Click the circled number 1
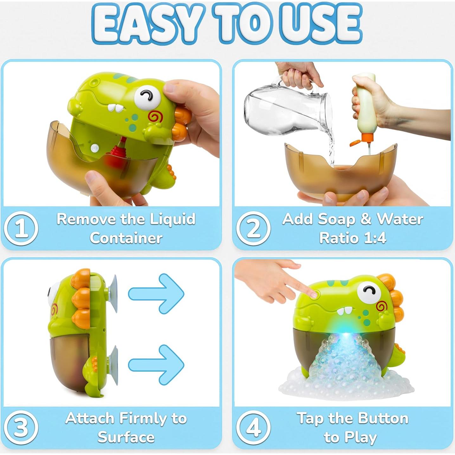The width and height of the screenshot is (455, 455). (x=21, y=228)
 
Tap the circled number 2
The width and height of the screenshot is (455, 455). (x=253, y=228)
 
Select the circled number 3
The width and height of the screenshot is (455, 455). (x=21, y=427)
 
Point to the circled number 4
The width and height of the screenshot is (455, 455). (x=253, y=427)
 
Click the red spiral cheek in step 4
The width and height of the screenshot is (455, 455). (x=381, y=307)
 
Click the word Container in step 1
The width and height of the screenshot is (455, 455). (x=126, y=238)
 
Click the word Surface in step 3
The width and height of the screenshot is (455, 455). (x=126, y=438)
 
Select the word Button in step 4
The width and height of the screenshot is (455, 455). (x=383, y=419)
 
